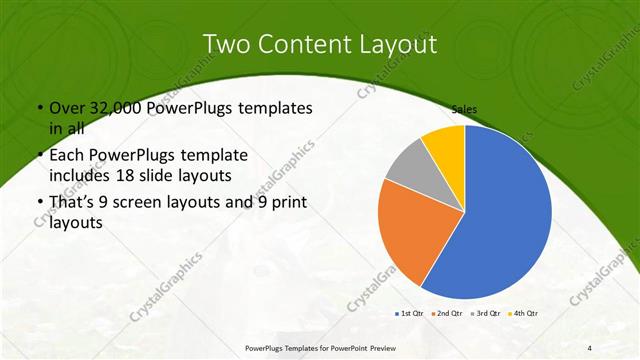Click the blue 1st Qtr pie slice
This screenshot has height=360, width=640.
pyautogui.click(x=505, y=215)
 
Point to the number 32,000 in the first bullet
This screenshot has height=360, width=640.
pyautogui.click(x=123, y=107)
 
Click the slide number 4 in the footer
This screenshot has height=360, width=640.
pyautogui.click(x=591, y=348)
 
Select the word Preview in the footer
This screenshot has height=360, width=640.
pyautogui.click(x=378, y=348)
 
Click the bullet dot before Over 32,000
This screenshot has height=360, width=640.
pyautogui.click(x=39, y=108)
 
